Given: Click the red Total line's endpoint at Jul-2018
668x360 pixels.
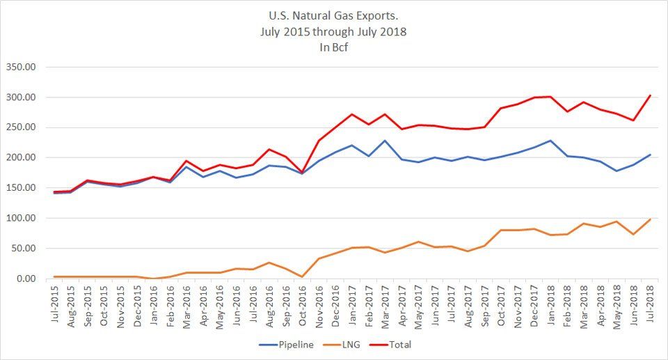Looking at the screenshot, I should (650, 95).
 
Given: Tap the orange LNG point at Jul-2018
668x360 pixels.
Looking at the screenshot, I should (650, 219).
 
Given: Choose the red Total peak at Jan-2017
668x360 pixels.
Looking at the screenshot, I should (353, 114).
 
